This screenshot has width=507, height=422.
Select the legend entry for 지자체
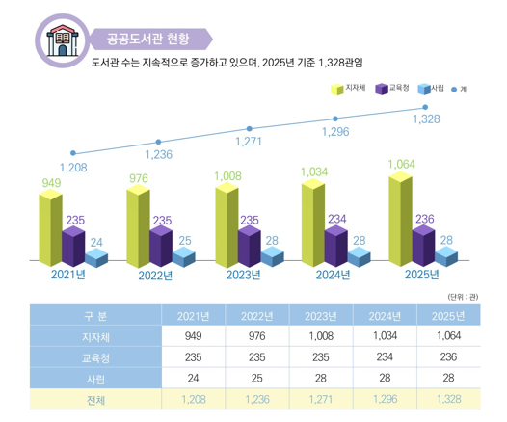[x=348, y=89]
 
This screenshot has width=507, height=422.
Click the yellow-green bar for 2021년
[x=49, y=226]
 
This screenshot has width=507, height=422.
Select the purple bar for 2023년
[x=249, y=246]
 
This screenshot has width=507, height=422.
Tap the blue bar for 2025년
[x=445, y=256]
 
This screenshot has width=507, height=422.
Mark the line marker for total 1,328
[x=425, y=107]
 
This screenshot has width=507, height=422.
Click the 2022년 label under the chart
[x=155, y=276]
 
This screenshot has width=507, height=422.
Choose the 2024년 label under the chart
[x=334, y=276]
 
